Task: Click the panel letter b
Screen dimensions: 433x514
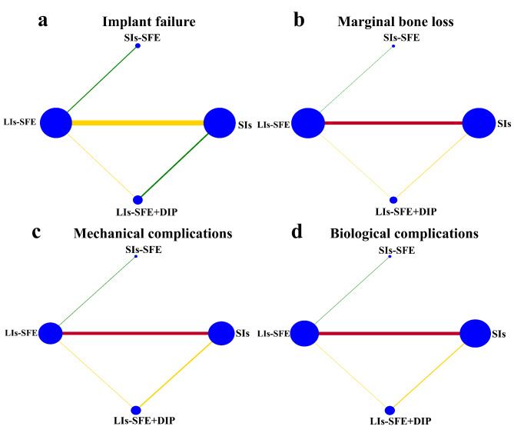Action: (300, 20)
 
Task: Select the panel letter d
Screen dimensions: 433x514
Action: (300, 232)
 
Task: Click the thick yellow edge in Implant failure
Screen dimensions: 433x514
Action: (137, 122)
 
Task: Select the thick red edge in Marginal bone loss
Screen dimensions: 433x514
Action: (392, 122)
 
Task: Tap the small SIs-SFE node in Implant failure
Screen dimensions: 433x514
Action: (138, 45)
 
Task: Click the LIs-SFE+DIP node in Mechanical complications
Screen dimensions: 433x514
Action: (136, 409)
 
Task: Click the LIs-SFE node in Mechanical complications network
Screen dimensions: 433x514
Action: (50, 334)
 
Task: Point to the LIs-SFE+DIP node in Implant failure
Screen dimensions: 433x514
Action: (138, 200)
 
